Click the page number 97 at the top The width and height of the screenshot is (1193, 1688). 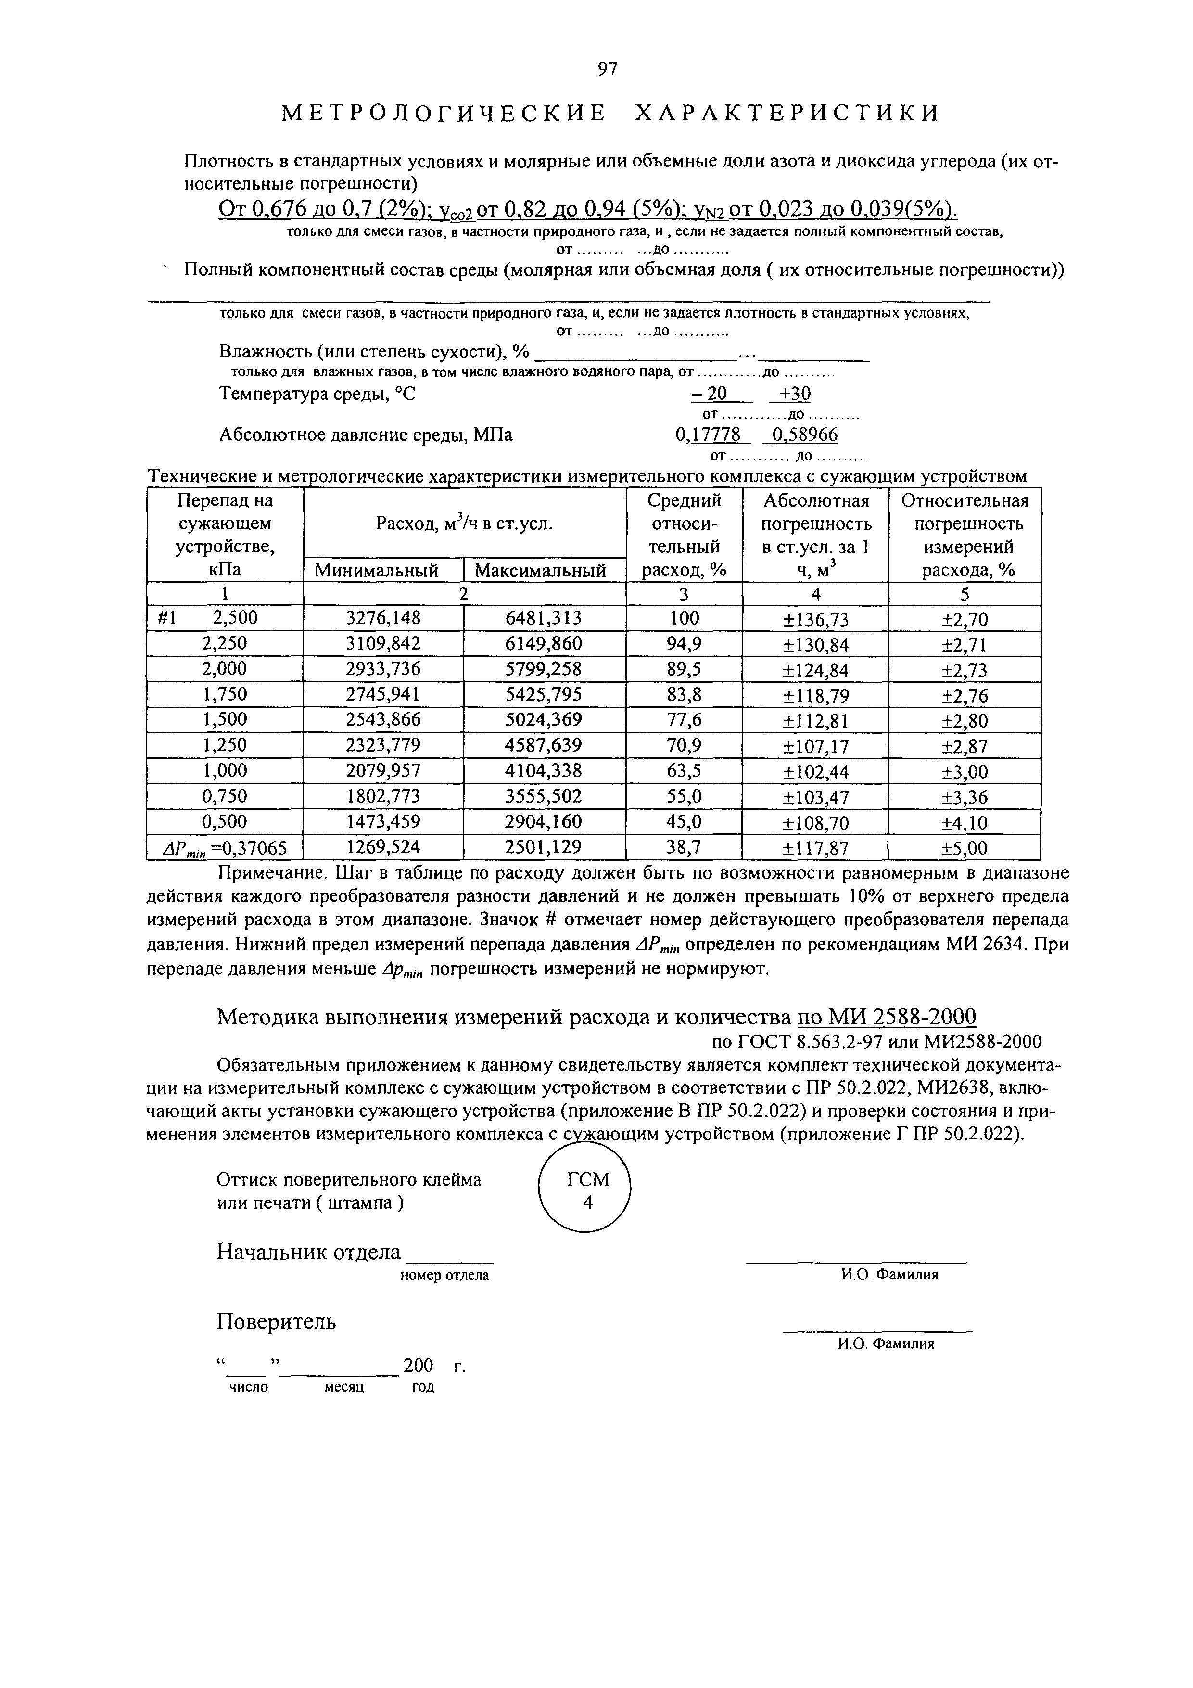pos(607,69)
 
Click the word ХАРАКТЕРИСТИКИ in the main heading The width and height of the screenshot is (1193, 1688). pos(787,113)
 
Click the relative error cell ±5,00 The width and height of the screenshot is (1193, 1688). pos(965,849)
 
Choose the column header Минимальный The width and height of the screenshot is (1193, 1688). pos(376,571)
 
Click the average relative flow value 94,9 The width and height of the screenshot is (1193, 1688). pos(684,644)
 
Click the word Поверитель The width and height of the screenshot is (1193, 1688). pos(277,1322)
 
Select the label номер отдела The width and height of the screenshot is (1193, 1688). pos(444,1276)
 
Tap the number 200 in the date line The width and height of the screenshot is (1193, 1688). pos(418,1366)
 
